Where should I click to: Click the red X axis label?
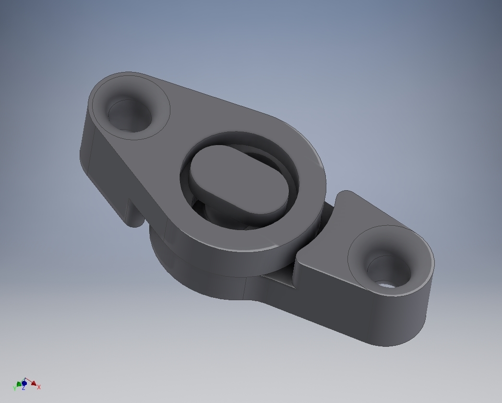39,387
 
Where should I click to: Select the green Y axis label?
15,388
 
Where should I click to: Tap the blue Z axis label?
23,388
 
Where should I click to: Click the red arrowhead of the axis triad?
34,383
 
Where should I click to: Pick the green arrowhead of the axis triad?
19,384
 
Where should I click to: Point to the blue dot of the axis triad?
24,383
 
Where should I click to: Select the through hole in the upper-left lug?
129,115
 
